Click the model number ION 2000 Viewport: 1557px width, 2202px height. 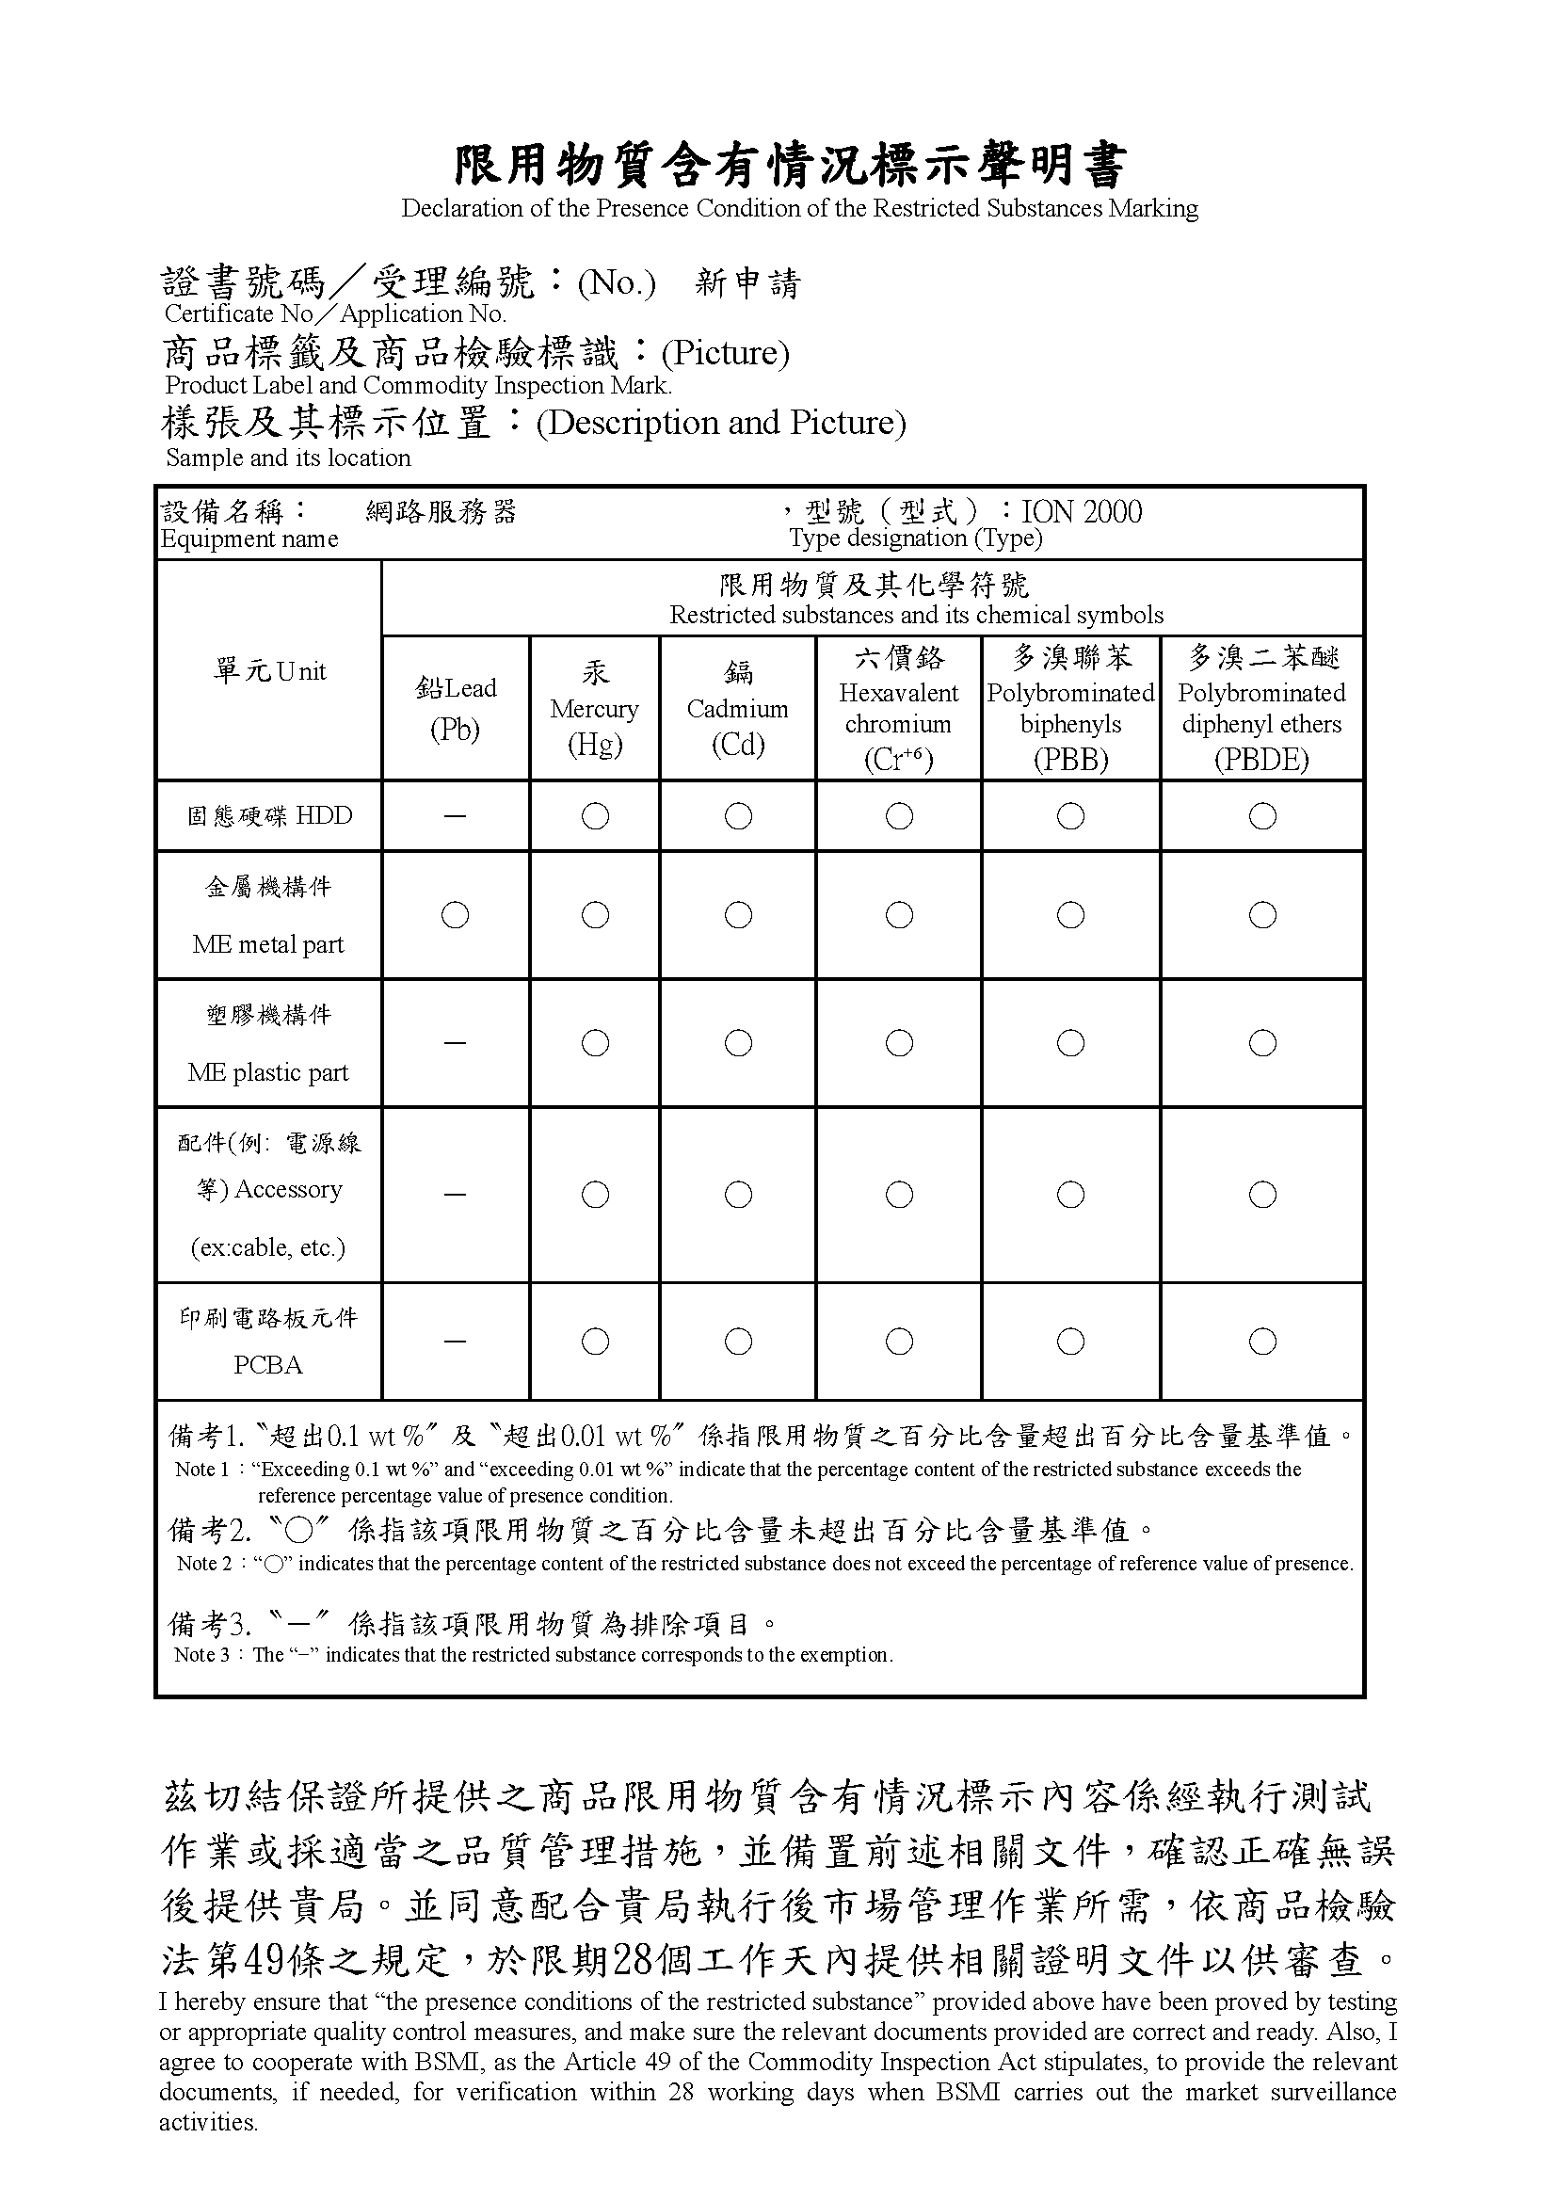[1082, 512]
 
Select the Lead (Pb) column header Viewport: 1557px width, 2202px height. [456, 709]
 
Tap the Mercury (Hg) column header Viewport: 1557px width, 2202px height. [594, 709]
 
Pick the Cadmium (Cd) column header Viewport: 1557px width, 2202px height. [737, 709]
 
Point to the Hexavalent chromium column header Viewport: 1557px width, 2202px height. [898, 709]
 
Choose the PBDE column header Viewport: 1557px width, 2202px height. [1261, 709]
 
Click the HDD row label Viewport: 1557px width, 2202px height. [269, 816]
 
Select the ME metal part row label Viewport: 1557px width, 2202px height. [268, 916]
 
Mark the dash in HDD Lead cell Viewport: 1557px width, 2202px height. [456, 816]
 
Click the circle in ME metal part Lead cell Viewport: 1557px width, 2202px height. [456, 916]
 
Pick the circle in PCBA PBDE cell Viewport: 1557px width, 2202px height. [1262, 1342]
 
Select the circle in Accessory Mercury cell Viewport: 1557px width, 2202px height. [595, 1195]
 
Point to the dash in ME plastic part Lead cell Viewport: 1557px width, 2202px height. [456, 1043]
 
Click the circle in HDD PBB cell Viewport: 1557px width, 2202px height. [1071, 816]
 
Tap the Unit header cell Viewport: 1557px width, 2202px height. [269, 671]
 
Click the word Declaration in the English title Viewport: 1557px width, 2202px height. [461, 209]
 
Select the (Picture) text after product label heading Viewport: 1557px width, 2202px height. [726, 354]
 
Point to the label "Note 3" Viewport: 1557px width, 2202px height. [202, 1654]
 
